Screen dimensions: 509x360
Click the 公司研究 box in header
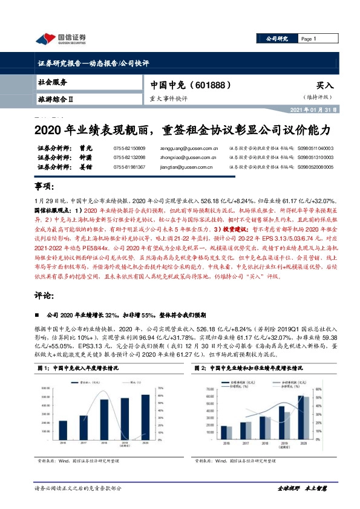click(277, 39)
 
